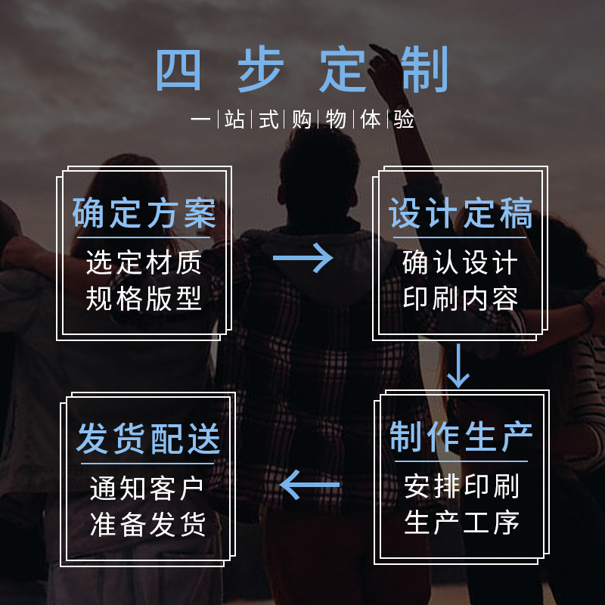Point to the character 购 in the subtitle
(x=302, y=120)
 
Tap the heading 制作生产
(x=461, y=438)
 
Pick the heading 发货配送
(x=148, y=439)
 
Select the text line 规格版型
(x=144, y=299)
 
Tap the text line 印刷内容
(x=461, y=299)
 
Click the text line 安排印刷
(x=461, y=486)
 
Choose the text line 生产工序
(x=461, y=523)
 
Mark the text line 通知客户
(x=147, y=489)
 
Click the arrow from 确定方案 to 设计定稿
(x=302, y=258)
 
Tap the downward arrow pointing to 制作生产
(x=458, y=366)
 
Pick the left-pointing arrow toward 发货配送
(x=310, y=485)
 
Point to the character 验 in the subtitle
(x=404, y=120)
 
